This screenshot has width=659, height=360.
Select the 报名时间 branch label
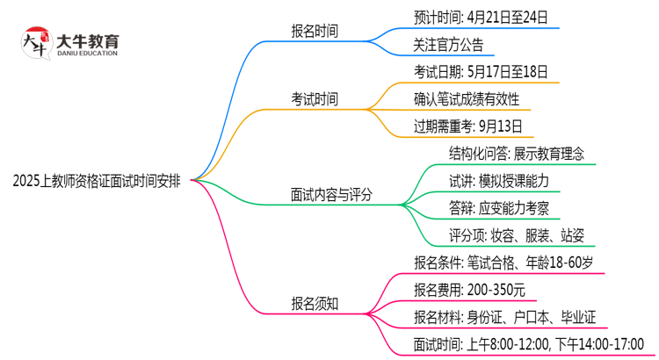pyautogui.click(x=315, y=31)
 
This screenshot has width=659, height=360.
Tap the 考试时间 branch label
pyautogui.click(x=315, y=99)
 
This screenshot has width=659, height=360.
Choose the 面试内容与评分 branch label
pyautogui.click(x=331, y=195)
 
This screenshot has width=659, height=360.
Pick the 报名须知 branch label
pyautogui.click(x=315, y=304)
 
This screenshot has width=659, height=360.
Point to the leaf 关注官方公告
pyautogui.click(x=448, y=44)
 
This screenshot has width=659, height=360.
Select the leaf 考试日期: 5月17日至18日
pyautogui.click(x=481, y=71)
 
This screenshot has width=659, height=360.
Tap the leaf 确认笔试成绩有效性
pyautogui.click(x=467, y=98)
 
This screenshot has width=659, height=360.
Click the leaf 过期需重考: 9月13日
pyautogui.click(x=468, y=126)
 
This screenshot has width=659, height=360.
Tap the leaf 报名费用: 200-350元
pyautogui.click(x=469, y=289)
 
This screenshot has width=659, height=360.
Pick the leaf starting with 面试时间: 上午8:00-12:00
pyautogui.click(x=528, y=343)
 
